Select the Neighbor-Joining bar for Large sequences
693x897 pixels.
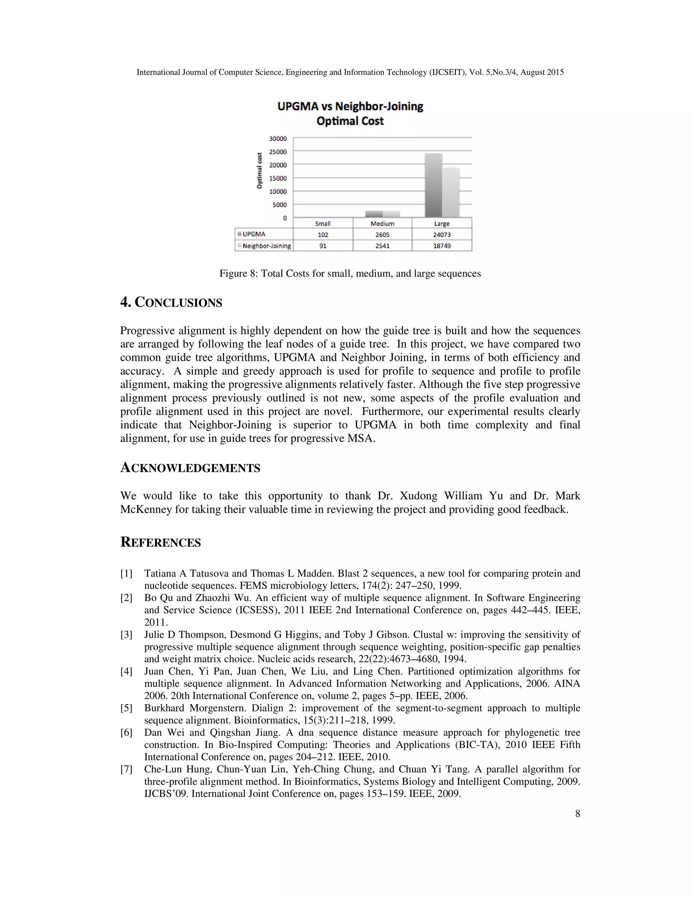[451, 193]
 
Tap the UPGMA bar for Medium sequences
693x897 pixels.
[374, 214]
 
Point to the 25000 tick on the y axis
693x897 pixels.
[278, 152]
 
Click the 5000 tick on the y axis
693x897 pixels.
[280, 204]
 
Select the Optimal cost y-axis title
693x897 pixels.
[259, 171]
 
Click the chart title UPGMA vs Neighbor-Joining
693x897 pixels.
[350, 106]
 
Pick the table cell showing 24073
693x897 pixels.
[442, 235]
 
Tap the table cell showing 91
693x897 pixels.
[323, 246]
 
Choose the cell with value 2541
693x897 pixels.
[382, 246]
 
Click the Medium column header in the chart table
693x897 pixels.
[382, 223]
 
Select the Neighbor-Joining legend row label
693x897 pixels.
[266, 246]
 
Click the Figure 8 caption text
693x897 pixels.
[350, 274]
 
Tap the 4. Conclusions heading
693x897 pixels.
[171, 303]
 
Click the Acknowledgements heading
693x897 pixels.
[190, 468]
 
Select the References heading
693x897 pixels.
[160, 542]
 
